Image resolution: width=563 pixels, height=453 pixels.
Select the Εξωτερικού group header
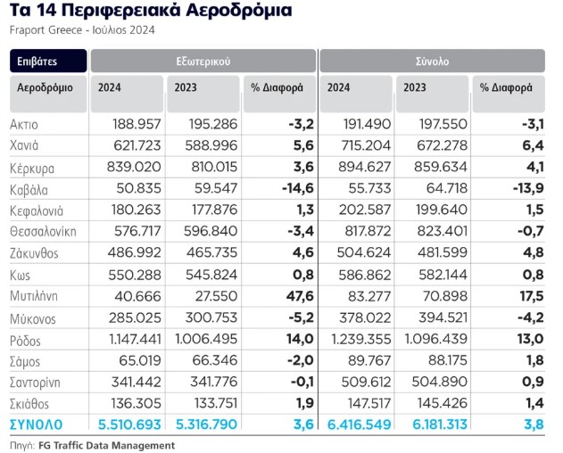tap(203, 62)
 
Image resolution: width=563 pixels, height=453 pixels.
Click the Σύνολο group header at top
tap(432, 62)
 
